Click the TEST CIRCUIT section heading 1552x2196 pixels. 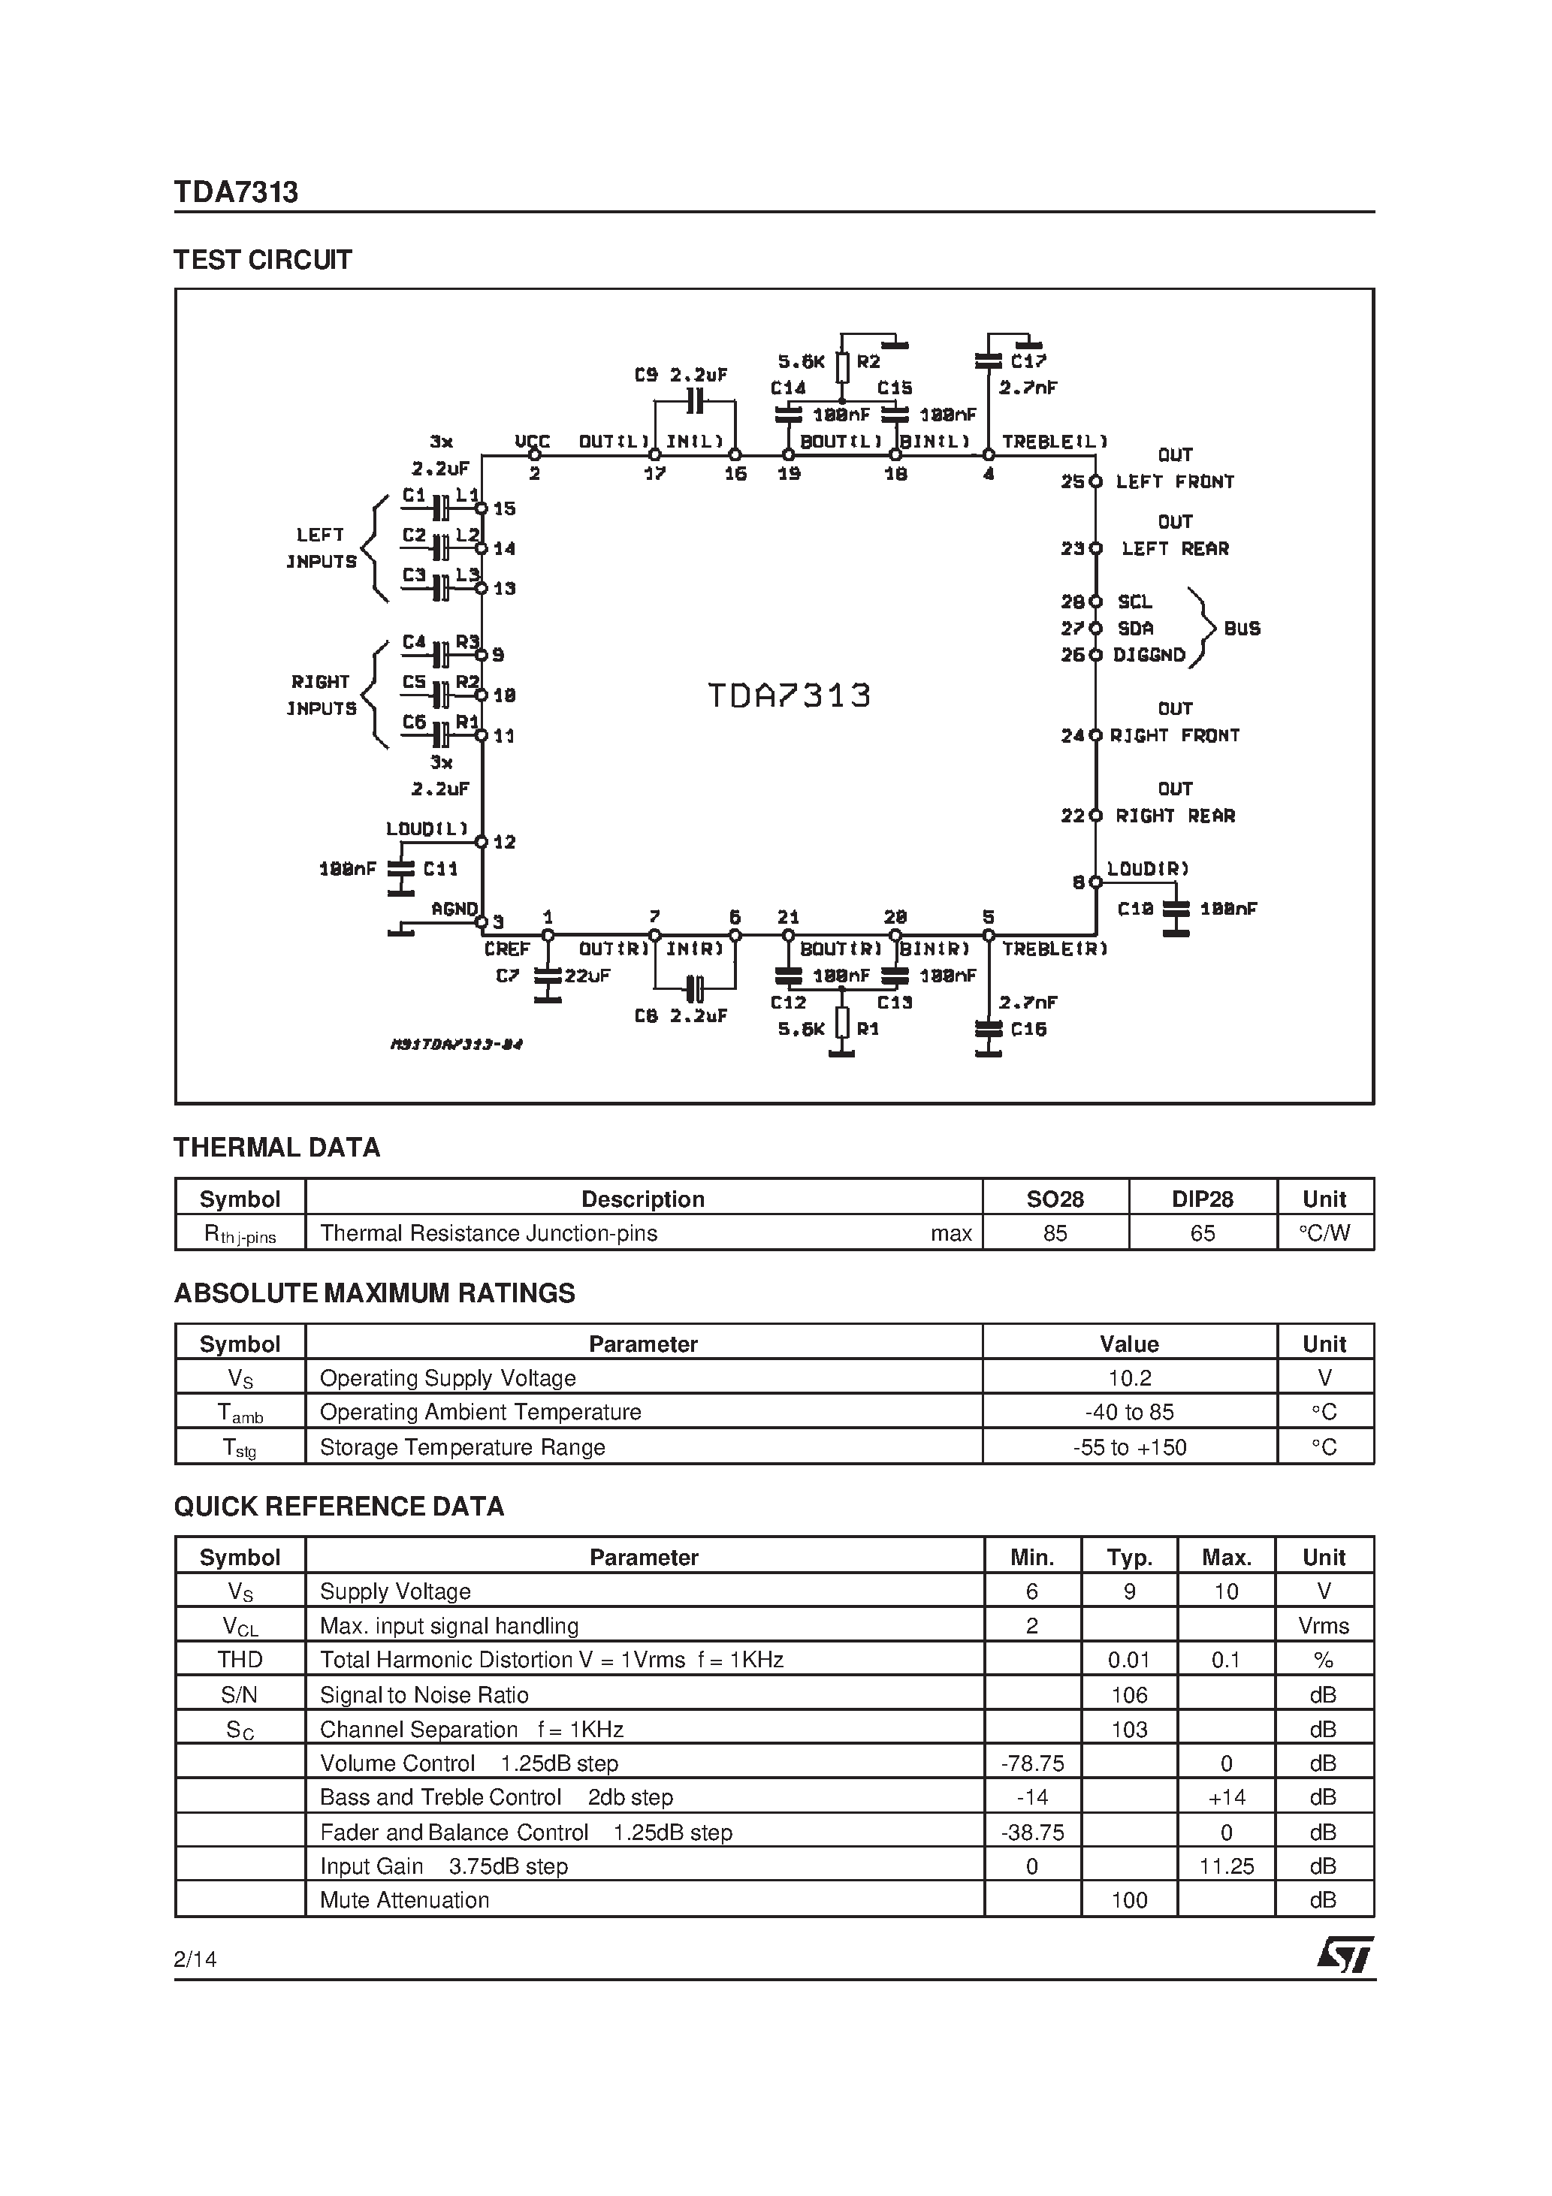(262, 260)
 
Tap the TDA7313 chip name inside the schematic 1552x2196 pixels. (789, 695)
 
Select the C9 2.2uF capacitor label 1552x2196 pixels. (681, 376)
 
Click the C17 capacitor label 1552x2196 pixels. (1028, 361)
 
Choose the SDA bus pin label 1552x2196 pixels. (1136, 629)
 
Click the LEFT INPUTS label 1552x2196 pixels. (321, 548)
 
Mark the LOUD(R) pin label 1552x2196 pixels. (1147, 868)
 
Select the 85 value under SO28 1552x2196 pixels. (1055, 1233)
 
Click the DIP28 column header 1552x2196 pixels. (1202, 1199)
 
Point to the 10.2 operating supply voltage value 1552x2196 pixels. (1129, 1378)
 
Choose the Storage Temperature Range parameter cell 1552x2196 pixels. (462, 1447)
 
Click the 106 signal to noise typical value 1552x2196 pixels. (1129, 1695)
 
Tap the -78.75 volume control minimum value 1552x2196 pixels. (1031, 1763)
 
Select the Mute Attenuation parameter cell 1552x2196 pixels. (404, 1899)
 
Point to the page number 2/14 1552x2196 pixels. (195, 1959)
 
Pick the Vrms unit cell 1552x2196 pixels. (1324, 1626)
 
